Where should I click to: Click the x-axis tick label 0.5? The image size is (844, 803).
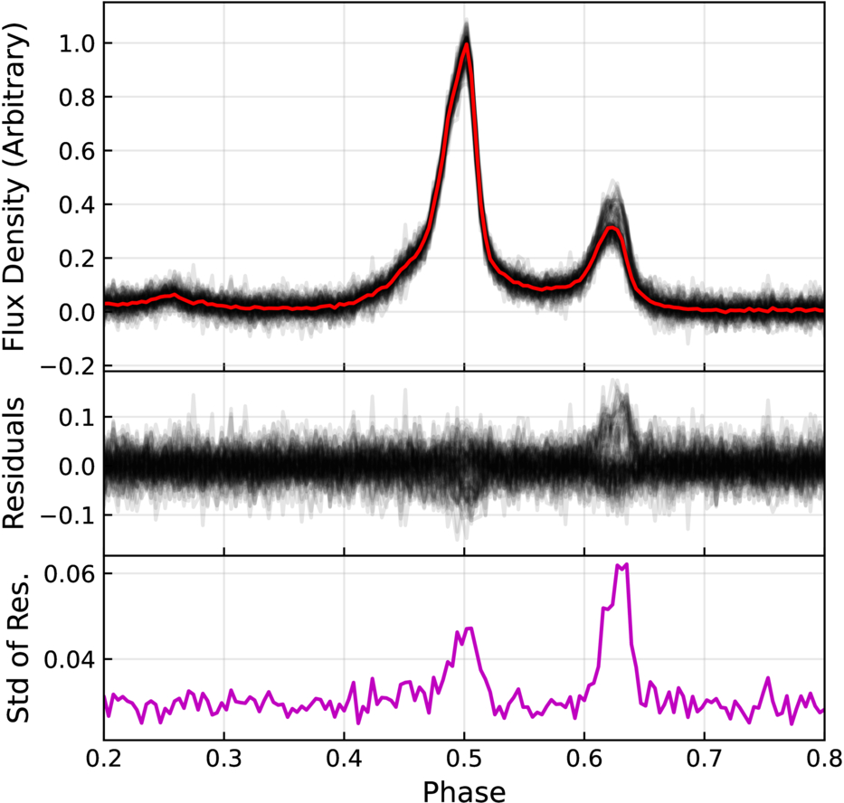pos(464,760)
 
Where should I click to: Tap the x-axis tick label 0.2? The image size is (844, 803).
pos(104,760)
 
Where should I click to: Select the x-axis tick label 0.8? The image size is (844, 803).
pos(823,760)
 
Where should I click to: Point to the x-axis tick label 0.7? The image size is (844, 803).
pos(704,760)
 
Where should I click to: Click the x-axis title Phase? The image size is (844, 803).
pos(464,790)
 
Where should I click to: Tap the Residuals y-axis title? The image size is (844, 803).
pos(14,463)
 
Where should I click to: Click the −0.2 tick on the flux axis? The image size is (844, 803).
pos(70,366)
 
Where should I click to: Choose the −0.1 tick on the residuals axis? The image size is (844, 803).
pos(70,515)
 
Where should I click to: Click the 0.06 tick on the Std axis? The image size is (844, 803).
pos(70,573)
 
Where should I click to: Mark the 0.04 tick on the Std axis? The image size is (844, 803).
pos(70,659)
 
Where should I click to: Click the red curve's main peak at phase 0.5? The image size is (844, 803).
pos(466,44)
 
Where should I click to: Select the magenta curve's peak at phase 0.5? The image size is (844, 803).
pos(467,628)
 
